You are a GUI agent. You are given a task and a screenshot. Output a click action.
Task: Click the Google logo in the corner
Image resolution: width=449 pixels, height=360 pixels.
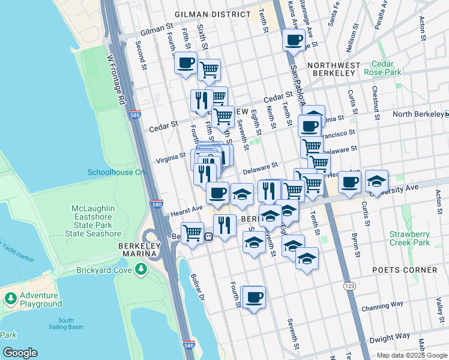[20, 353]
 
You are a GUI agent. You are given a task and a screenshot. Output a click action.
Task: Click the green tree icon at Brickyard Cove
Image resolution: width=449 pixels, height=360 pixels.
[142, 270]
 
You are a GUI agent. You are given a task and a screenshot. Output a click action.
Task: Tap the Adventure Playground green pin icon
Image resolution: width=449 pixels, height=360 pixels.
[10, 298]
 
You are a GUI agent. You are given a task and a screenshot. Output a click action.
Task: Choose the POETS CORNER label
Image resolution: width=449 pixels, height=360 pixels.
[404, 270]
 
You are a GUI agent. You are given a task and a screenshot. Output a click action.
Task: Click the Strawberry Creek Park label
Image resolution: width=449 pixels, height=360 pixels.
[409, 238]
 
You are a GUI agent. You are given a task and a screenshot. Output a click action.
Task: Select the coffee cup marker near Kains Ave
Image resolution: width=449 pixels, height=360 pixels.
[294, 41]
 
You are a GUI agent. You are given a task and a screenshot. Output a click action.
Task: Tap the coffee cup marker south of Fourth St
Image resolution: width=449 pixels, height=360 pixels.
[255, 296]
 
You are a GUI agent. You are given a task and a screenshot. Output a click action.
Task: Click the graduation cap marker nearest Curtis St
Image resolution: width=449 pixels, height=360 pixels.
[376, 181]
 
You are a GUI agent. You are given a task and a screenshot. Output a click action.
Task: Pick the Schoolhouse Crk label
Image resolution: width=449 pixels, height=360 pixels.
[117, 172]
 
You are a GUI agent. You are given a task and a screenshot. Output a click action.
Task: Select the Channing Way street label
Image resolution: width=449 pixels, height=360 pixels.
[383, 307]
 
